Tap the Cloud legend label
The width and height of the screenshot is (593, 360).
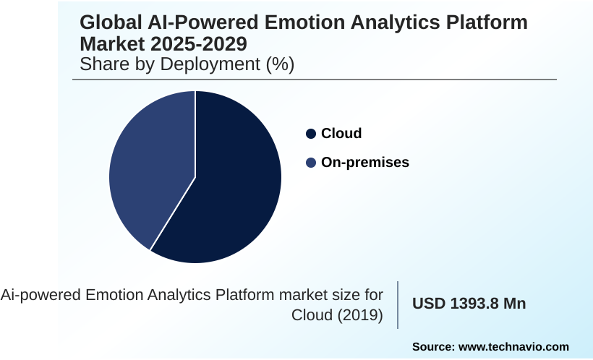point(341,134)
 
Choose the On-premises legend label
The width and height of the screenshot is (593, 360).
point(365,163)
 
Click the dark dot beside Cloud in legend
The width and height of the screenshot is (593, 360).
point(311,134)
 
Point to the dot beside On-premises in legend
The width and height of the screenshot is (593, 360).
point(311,163)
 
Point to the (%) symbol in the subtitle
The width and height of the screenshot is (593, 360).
point(280,64)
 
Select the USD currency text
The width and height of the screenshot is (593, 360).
point(429,304)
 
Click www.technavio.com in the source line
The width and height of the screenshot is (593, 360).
point(513,346)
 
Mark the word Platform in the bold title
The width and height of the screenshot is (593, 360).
point(489,22)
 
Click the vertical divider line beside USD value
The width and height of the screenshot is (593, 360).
point(398,304)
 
